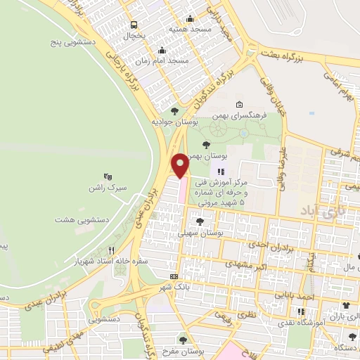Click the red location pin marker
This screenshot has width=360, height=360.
181,165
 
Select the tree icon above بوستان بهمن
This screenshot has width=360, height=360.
205,144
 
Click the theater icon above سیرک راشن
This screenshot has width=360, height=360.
108,176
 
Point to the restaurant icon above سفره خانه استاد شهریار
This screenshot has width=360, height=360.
111,250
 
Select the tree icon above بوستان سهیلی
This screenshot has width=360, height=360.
200,221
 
